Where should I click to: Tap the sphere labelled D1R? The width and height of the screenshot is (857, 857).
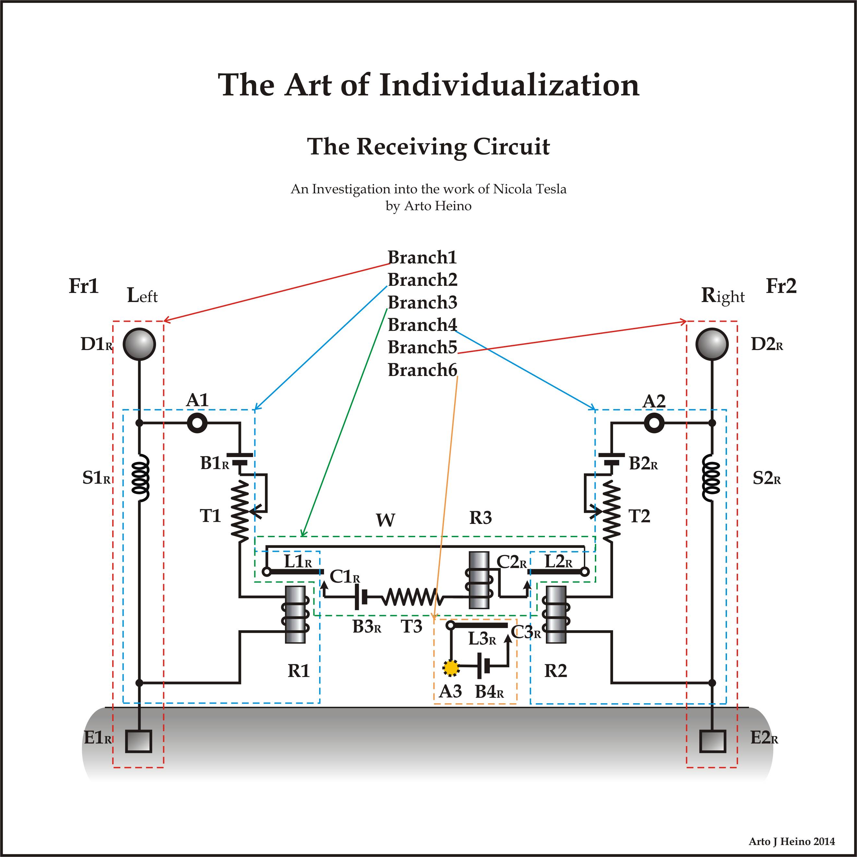[x=139, y=344]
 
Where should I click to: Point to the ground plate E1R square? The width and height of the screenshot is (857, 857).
[x=139, y=741]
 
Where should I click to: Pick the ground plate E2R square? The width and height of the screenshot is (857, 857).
[x=712, y=741]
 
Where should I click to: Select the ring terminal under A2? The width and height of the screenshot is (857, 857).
[x=654, y=423]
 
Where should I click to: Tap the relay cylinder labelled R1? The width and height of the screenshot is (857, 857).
[x=295, y=614]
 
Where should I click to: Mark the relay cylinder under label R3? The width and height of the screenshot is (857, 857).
[x=479, y=580]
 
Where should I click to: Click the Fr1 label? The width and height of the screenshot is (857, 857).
[x=83, y=286]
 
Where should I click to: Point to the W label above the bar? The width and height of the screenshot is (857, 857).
[x=385, y=520]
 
